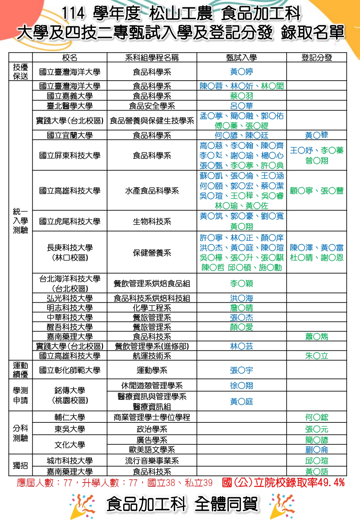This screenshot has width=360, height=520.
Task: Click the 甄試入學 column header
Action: click(241, 58)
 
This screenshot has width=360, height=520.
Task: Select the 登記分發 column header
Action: click(316, 58)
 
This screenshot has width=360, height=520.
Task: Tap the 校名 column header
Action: click(69, 58)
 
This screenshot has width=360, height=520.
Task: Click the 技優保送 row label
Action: click(20, 72)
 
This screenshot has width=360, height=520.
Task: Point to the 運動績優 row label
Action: click(20, 370)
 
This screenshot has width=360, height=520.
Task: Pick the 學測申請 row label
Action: click(20, 395)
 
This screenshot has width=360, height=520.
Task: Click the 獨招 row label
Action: click(20, 465)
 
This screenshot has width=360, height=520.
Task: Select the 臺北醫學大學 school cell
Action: click(69, 106)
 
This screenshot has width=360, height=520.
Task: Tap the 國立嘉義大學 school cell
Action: click(69, 96)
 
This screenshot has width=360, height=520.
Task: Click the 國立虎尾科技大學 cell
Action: click(69, 221)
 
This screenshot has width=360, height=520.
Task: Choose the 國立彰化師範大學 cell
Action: click(69, 370)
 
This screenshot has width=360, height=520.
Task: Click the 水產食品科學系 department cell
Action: click(152, 191)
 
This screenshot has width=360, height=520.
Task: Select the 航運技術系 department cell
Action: click(152, 356)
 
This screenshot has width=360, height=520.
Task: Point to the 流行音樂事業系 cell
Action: click(152, 461)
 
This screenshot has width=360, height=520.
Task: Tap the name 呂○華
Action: click(241, 106)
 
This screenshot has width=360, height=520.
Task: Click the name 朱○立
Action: click(316, 356)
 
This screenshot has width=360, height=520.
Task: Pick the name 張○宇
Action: click(241, 370)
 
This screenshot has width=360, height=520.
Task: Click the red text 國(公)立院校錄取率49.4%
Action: click(283, 483)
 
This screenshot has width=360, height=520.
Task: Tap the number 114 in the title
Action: click(73, 13)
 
